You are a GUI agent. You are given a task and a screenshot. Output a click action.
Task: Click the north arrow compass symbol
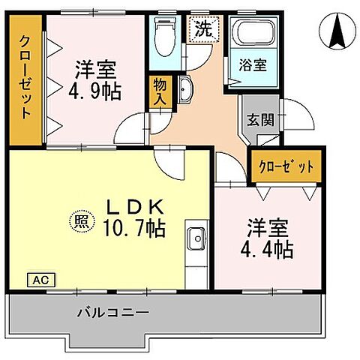335,29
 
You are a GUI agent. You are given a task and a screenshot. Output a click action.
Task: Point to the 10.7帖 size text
134,224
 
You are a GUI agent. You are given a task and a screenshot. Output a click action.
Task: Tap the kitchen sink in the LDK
198,239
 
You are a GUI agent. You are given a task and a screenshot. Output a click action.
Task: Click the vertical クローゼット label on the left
25,78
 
